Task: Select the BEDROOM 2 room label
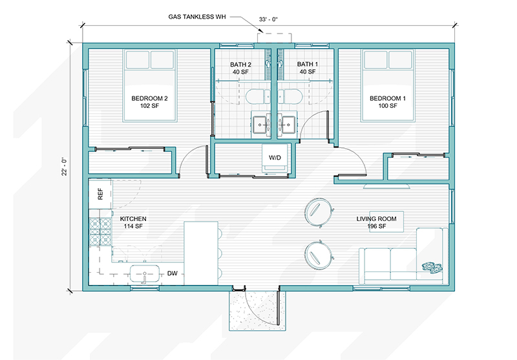[x=149, y=102]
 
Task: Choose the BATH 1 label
[x=308, y=69]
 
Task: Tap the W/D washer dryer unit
[x=275, y=160]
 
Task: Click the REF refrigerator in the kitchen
[x=100, y=194]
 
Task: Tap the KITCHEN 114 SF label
[x=133, y=223]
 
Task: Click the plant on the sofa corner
[x=430, y=266]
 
